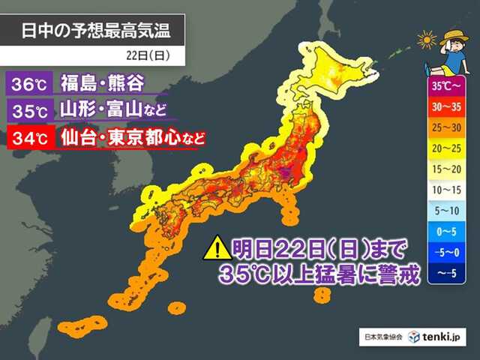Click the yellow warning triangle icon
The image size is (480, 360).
tap(217, 247)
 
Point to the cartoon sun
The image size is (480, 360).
tap(427, 39)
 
